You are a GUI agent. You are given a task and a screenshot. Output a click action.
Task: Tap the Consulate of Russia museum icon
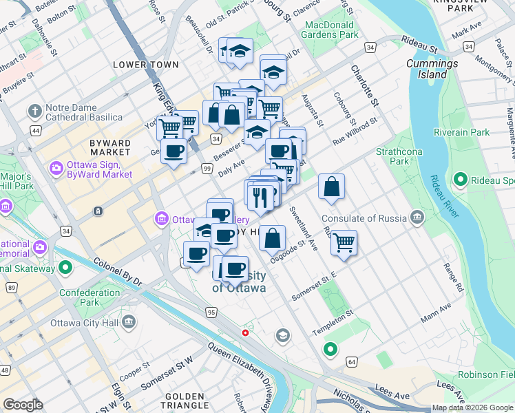tap(417, 218)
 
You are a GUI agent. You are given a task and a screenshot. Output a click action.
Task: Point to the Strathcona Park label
tap(393, 156)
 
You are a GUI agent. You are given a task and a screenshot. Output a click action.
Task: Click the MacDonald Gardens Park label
tap(332, 30)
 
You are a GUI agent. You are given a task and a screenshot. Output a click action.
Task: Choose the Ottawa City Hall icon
tap(129, 321)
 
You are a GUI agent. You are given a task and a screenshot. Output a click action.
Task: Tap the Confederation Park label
tap(90, 297)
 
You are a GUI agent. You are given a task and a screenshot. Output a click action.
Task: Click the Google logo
tap(23, 405)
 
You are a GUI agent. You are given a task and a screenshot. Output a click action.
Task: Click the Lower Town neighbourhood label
tap(146, 65)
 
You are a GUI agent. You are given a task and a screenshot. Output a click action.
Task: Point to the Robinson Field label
tap(486, 374)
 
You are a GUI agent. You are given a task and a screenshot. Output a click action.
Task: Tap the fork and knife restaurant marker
tap(260, 197)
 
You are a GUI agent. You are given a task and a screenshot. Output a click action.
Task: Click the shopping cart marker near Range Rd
tap(343, 242)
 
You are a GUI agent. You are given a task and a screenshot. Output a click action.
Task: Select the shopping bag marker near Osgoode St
tap(273, 238)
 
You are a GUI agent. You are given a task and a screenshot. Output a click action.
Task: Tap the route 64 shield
tap(352, 361)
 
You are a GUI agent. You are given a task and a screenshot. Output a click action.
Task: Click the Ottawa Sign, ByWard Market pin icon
tap(55, 168)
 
